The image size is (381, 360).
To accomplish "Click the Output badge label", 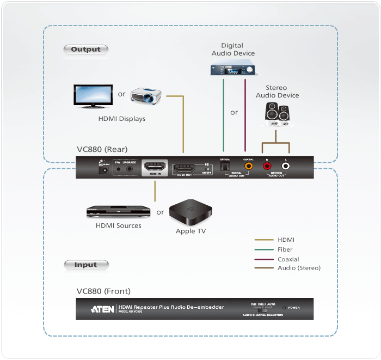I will tap(86, 50).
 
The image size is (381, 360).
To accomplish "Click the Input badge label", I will tap(85, 265).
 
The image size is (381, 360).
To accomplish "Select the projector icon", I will tap(145, 96).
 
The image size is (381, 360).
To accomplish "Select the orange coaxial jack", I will tap(249, 166).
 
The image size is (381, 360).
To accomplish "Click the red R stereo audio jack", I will tap(267, 166).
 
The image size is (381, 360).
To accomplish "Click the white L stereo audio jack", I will tap(285, 166).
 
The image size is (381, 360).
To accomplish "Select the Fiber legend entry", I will tap(285, 249).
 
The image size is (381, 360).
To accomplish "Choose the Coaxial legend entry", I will tap(288, 259).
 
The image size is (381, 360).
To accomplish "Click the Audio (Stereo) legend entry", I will tap(299, 268).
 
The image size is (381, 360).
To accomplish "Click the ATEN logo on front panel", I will tap(102, 309).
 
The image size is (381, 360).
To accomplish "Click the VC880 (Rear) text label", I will tap(102, 149).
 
